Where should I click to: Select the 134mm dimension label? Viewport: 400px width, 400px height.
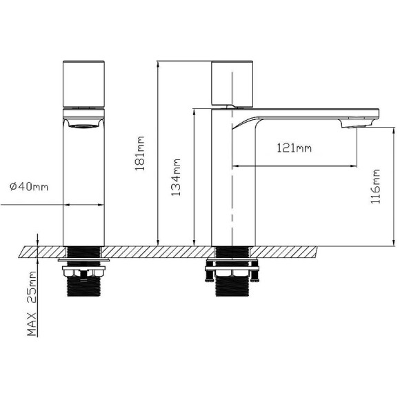point(177,179)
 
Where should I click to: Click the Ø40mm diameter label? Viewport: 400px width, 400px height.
point(28,187)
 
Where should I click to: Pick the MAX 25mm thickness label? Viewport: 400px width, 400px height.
point(32,303)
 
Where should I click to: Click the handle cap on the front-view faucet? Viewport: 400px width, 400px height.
point(83,83)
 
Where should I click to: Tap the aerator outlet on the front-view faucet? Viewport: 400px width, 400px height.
point(83,125)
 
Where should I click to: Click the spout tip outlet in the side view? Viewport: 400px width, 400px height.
point(356,125)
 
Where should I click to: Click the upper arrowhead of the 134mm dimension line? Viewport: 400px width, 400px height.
point(195,111)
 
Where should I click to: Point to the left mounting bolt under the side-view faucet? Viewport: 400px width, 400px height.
point(208,273)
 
